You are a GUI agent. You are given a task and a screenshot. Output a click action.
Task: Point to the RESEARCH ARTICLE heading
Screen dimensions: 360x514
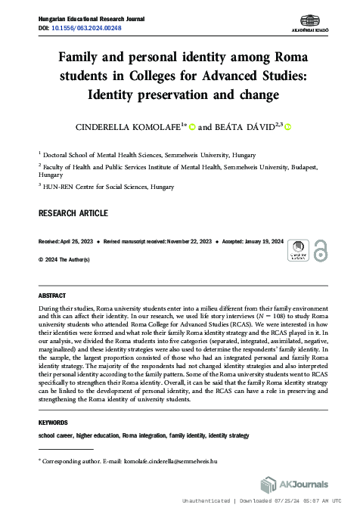click(x=73, y=213)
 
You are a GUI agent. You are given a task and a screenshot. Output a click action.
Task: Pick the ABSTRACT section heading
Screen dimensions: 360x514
click(x=52, y=295)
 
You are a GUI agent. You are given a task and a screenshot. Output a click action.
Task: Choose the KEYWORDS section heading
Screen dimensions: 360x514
click(x=53, y=423)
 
